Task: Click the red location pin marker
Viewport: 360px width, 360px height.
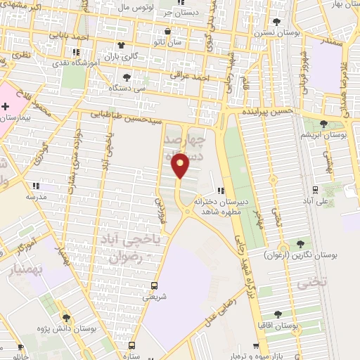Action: tap(181, 166)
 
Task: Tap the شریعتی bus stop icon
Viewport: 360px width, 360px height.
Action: tap(154, 285)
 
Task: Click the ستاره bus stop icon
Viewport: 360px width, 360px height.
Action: tap(131, 345)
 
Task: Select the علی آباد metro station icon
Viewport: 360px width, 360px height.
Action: tap(314, 189)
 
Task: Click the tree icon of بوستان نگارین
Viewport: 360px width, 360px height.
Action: tap(300, 243)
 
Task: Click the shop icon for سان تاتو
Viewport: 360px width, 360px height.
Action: tap(167, 31)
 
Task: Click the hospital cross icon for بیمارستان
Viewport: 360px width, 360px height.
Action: tap(6, 106)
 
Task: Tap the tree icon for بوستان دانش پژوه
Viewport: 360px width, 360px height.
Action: tap(66, 318)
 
